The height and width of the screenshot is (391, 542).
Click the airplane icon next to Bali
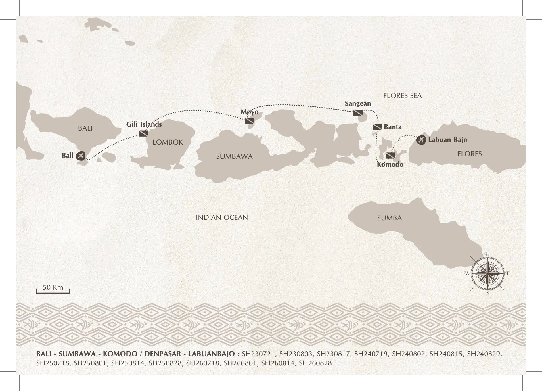pos(81,156)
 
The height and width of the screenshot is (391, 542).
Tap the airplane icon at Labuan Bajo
pos(421,140)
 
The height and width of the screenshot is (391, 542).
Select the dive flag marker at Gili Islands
pos(144,133)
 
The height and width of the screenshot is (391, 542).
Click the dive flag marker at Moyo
pos(250,121)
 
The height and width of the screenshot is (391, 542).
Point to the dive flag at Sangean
pos(358,113)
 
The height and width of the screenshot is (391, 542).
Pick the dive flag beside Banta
pos(377,127)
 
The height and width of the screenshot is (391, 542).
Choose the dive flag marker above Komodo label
pos(390,156)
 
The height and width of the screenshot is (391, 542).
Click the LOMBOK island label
pos(168,142)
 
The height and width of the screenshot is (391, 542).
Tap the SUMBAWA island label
pos(234,156)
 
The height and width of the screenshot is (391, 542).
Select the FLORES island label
pos(469,154)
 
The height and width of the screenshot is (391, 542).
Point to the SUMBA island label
pos(389,218)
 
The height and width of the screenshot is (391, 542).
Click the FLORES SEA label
pos(402,96)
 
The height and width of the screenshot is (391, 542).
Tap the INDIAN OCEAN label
pos(222,218)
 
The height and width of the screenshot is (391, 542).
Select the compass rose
pos(487,273)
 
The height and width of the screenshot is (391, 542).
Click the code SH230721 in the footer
pos(258,354)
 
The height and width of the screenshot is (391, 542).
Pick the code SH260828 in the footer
pos(315,363)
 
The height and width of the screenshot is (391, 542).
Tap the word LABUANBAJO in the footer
pos(212,354)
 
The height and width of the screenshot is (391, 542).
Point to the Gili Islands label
pos(144,124)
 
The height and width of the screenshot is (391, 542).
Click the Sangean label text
pos(358,103)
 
